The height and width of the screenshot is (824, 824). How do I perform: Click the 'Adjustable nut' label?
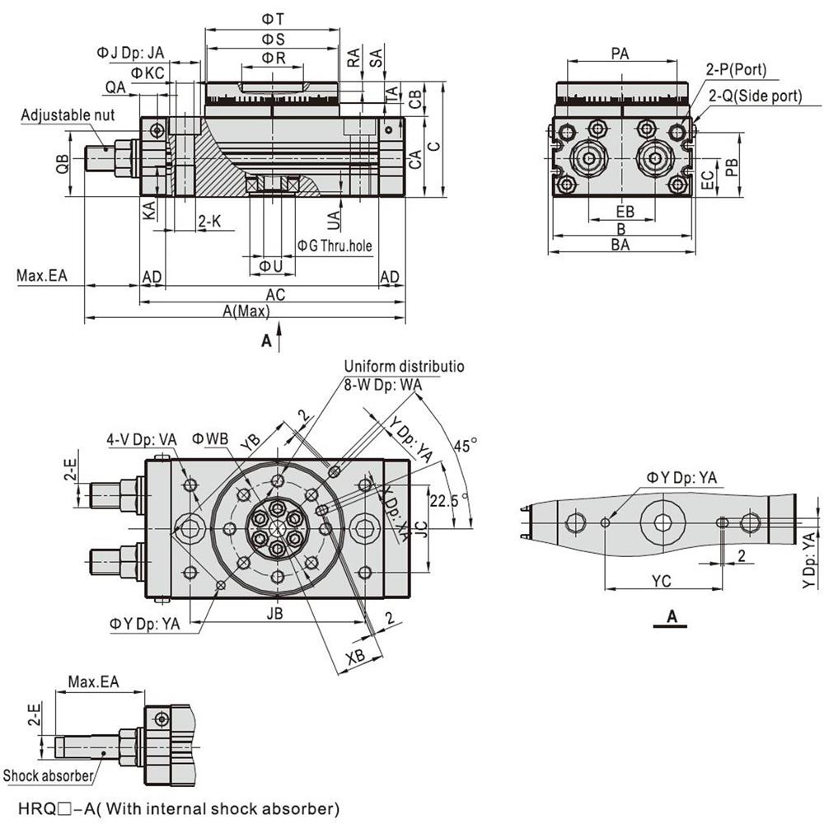pos(68,115)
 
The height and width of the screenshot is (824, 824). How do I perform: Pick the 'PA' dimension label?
pos(620,54)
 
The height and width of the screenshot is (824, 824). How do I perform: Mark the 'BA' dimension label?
pos(620,245)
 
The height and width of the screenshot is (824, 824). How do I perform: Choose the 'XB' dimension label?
pos(355,656)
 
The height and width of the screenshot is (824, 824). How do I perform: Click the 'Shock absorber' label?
pos(48,775)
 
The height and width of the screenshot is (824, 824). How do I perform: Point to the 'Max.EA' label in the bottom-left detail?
pos(93,681)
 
